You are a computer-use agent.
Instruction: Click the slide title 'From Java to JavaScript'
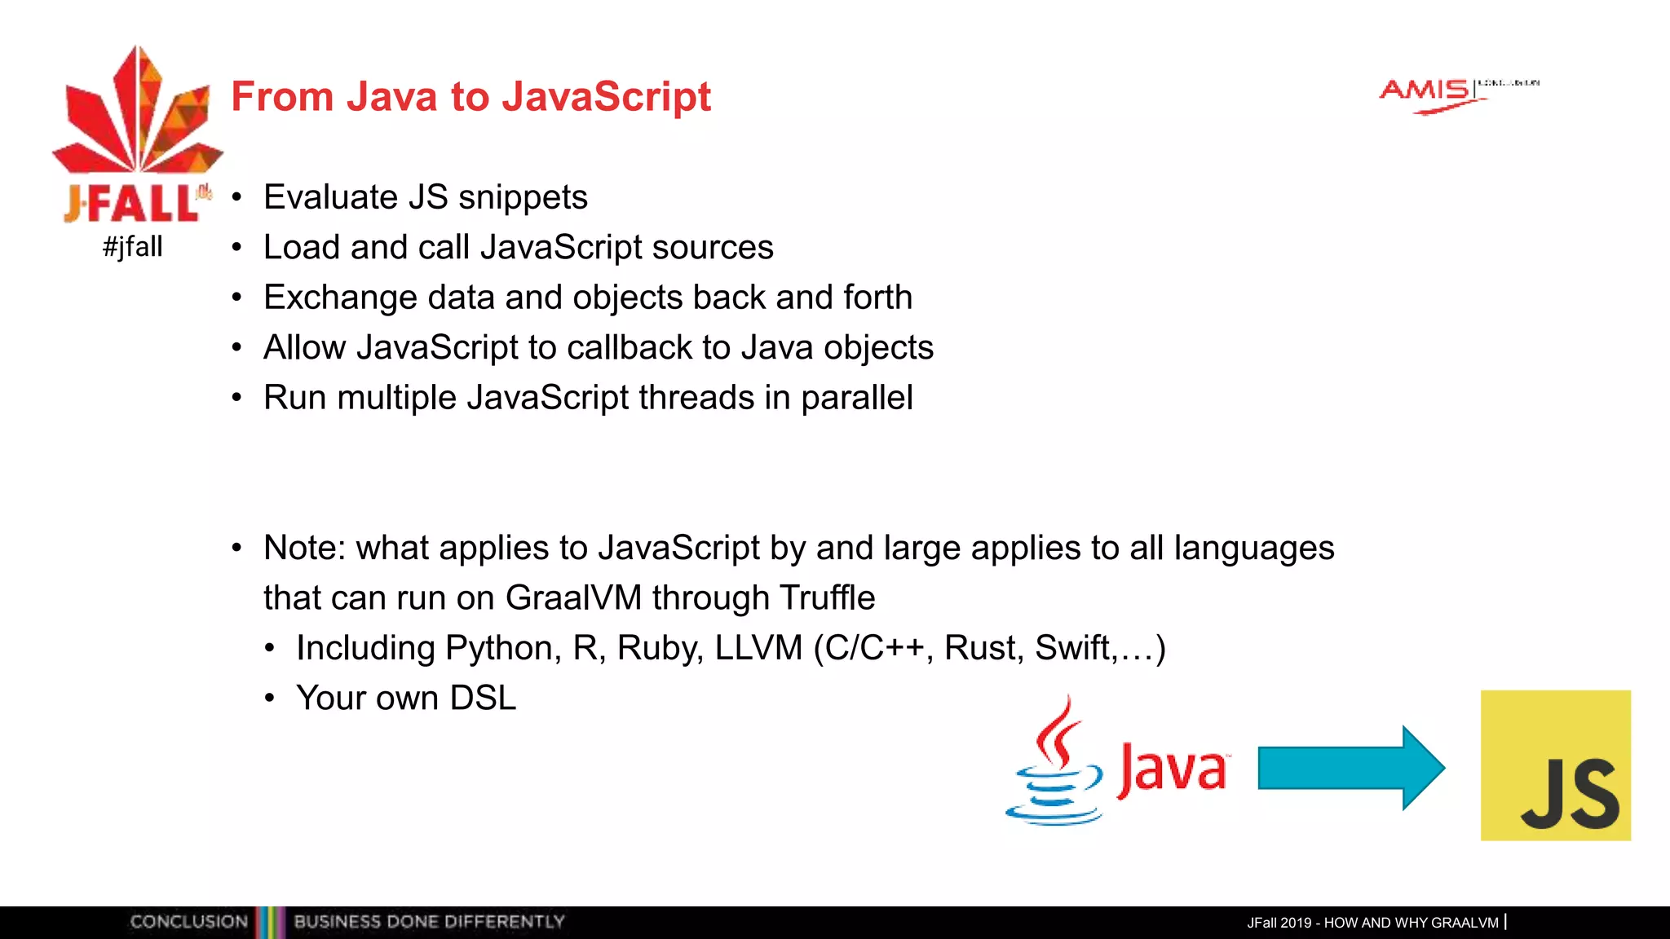pos(471,96)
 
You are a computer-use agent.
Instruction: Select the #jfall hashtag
pos(133,246)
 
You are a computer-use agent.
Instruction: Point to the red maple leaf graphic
pos(137,114)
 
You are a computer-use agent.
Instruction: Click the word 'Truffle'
pos(827,597)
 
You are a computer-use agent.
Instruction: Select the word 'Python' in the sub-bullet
pos(498,648)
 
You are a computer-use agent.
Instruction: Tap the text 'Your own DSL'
pos(406,699)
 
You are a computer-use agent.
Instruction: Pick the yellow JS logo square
pos(1555,765)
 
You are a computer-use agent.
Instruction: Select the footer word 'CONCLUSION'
pos(188,922)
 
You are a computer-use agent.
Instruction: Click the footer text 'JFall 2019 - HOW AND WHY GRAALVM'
pos(1372,923)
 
